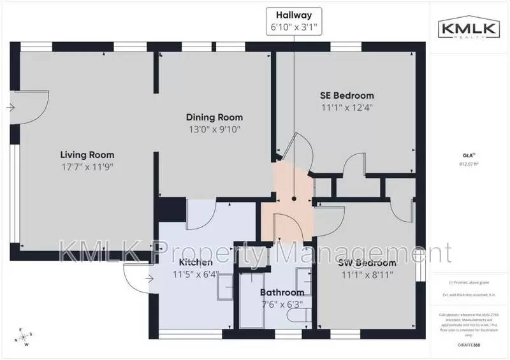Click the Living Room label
click(x=87, y=155)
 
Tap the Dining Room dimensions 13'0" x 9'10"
click(x=214, y=129)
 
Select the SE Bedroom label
click(x=346, y=96)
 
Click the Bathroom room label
click(x=282, y=292)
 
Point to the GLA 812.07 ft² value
click(x=469, y=163)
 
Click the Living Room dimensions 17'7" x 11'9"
click(x=87, y=167)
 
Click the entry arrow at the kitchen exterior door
click(x=150, y=278)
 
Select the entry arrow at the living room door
click(x=12, y=107)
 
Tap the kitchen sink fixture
click(x=224, y=291)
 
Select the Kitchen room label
click(x=195, y=263)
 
